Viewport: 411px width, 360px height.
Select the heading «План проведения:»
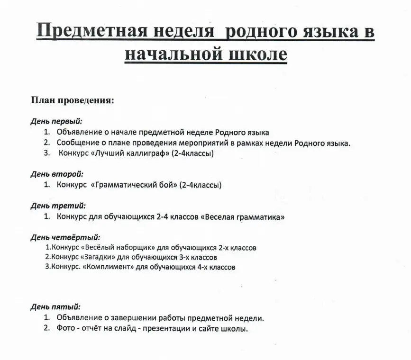(x=72, y=100)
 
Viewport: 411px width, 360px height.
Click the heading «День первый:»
(x=56, y=122)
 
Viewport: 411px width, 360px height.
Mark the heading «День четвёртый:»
(x=65, y=237)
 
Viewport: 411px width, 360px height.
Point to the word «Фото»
(x=65, y=329)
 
